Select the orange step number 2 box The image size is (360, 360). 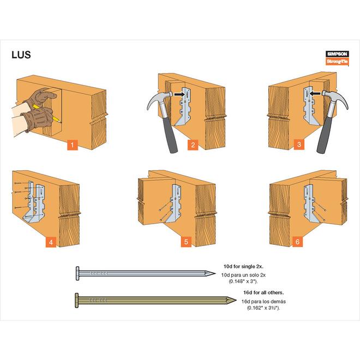(x=193, y=145)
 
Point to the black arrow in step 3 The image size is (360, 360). (x=313, y=94)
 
